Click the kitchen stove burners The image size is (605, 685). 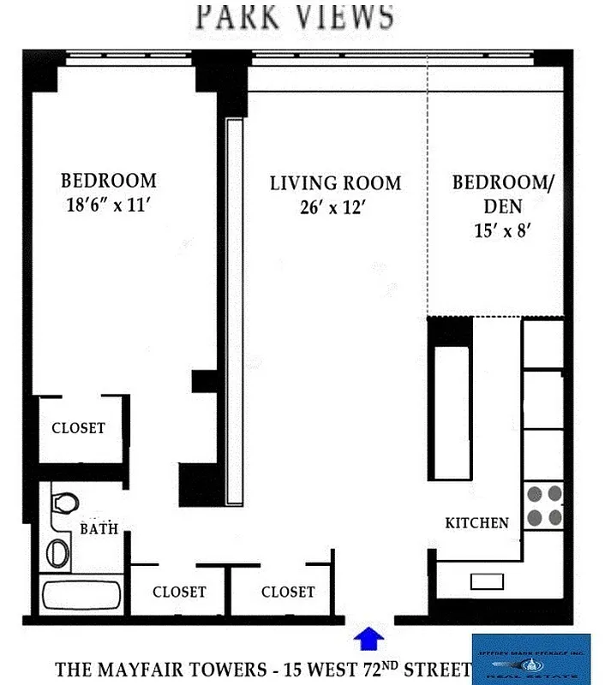[x=543, y=505]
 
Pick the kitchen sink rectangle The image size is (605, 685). [x=486, y=581]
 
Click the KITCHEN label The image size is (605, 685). [x=476, y=522]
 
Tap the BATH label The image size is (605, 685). [x=99, y=529]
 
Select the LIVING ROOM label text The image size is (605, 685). [x=335, y=183]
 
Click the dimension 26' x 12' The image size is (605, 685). [x=335, y=207]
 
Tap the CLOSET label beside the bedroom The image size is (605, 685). [x=78, y=428]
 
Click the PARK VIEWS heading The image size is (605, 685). [x=296, y=17]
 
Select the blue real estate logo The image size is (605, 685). [x=531, y=657]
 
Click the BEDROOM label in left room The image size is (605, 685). [x=108, y=181]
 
